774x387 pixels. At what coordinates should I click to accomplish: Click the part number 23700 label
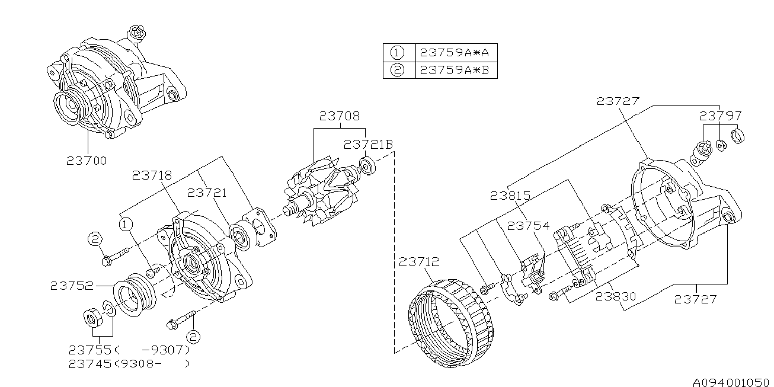(x=87, y=161)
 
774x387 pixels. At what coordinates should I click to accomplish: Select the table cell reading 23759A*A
(x=455, y=52)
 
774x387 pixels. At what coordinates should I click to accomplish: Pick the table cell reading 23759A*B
(x=455, y=70)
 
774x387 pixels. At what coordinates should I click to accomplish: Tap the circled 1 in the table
(x=398, y=52)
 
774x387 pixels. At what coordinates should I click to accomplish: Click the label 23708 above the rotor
(x=339, y=116)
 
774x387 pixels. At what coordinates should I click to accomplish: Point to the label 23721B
(x=368, y=144)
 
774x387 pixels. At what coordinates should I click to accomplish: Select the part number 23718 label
(x=152, y=175)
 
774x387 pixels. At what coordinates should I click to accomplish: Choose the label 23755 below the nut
(x=90, y=349)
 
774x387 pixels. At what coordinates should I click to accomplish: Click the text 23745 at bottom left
(x=90, y=364)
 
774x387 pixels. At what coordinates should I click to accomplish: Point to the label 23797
(x=719, y=116)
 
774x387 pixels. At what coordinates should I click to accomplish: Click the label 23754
(x=528, y=226)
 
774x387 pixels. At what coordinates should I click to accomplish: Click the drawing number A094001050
(x=731, y=380)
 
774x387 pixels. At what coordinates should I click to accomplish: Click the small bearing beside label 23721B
(x=366, y=166)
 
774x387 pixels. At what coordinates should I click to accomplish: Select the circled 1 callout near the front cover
(x=125, y=224)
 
